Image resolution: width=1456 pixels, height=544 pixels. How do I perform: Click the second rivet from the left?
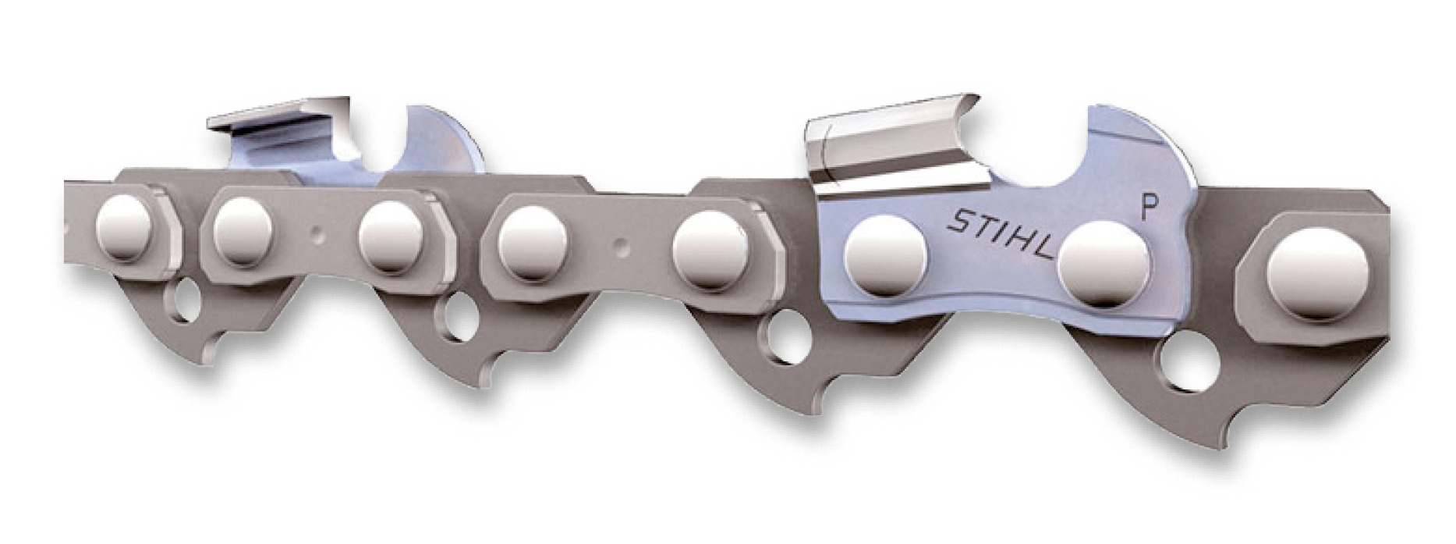click(x=243, y=233)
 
